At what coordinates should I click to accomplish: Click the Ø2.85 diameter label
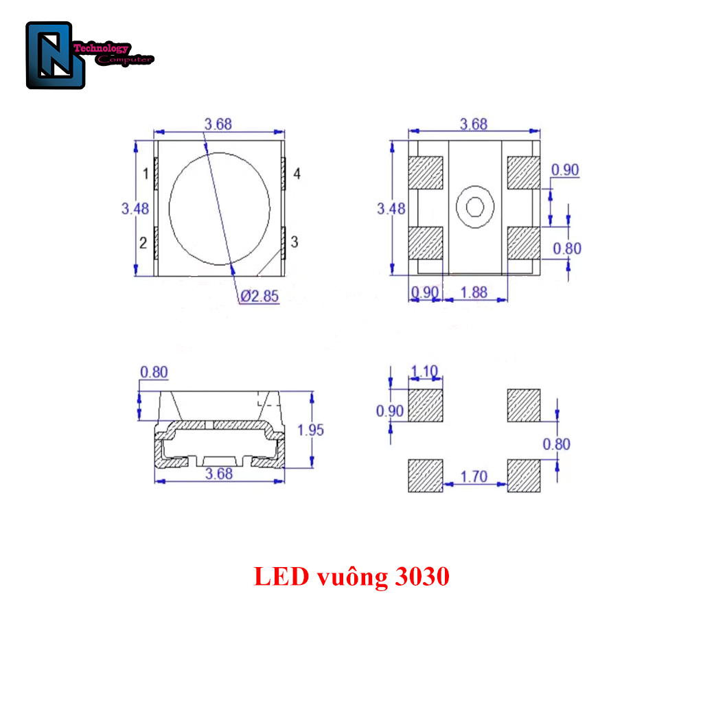pos(260,297)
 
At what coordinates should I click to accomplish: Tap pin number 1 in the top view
pos(146,174)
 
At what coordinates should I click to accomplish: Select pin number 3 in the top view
pos(295,242)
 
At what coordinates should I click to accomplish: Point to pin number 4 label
pos(297,174)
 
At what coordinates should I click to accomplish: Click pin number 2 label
pos(143,242)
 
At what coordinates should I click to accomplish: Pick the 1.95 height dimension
pos(310,430)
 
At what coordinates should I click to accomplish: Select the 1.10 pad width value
pos(424,372)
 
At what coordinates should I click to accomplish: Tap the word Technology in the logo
pos(100,49)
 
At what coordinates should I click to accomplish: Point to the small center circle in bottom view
pos(475,206)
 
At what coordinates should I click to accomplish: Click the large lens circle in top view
pos(220,208)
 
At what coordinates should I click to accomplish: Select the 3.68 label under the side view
pos(218,474)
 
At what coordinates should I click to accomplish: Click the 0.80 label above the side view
pos(154,372)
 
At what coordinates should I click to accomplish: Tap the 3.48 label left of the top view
pos(135,209)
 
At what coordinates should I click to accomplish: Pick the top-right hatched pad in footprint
pos(524,405)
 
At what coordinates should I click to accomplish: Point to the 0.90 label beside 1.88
pos(424,292)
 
